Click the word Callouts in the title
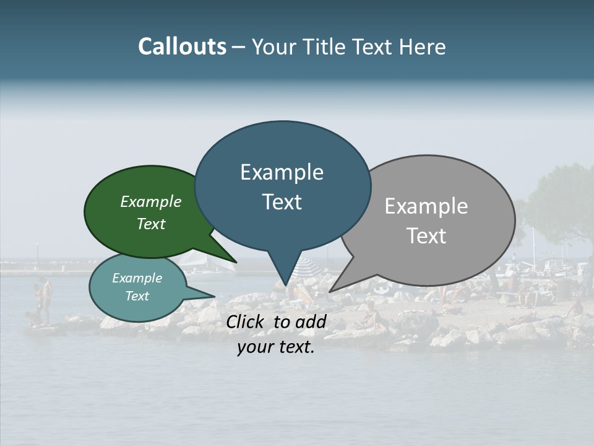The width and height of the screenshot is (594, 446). (x=182, y=46)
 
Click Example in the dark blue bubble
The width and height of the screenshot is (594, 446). (x=282, y=172)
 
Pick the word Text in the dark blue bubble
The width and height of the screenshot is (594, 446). (x=282, y=202)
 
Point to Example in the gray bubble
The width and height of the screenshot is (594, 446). (x=426, y=206)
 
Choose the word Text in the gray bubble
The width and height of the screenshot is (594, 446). (x=427, y=236)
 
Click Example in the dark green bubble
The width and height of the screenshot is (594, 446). (x=151, y=201)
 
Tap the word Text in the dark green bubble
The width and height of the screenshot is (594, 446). (x=151, y=224)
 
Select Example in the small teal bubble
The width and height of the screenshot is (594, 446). (x=137, y=278)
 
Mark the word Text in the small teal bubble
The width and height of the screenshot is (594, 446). (x=137, y=296)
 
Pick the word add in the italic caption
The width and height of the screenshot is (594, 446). (x=311, y=321)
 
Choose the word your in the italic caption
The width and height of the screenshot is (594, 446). (x=256, y=347)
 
